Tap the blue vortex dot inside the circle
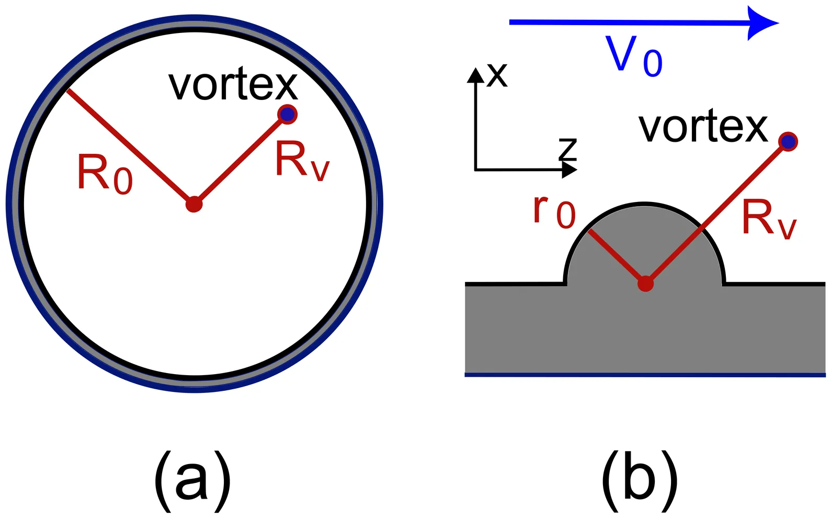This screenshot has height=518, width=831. (287, 114)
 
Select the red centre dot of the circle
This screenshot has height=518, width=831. (194, 204)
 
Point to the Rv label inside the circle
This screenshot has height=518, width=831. (302, 161)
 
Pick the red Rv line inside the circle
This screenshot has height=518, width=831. (241, 159)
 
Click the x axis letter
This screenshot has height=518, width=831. (497, 75)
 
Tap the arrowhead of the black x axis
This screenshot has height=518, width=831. (475, 75)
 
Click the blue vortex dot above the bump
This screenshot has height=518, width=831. (788, 141)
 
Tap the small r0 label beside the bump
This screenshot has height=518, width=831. (554, 211)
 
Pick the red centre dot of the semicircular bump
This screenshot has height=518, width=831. (645, 284)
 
